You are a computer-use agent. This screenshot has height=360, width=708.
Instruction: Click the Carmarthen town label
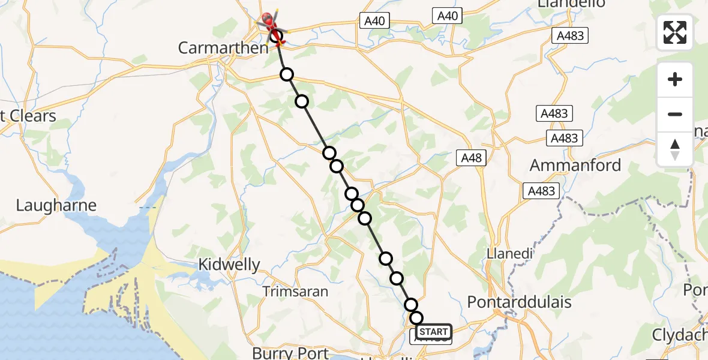[223, 48]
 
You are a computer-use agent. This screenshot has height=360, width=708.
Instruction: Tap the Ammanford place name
[575, 165]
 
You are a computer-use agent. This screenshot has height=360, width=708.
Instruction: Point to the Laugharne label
[56, 206]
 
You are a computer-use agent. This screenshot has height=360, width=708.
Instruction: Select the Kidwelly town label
[230, 265]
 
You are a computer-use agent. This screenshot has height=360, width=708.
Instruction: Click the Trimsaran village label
[295, 292]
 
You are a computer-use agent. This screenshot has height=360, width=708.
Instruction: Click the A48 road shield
[471, 158]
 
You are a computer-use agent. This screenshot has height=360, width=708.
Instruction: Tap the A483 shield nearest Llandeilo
[569, 36]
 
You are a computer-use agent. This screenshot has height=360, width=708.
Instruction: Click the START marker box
[433, 332]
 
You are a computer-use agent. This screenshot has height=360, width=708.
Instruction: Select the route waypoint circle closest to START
[416, 318]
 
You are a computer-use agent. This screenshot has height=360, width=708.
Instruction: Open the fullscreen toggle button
[675, 32]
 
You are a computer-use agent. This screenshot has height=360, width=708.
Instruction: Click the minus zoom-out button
[675, 114]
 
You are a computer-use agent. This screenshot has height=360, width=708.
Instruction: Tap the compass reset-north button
[675, 149]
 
